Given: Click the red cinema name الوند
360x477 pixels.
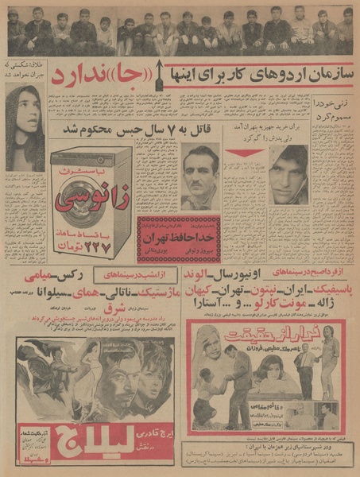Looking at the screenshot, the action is pos(328,276).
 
